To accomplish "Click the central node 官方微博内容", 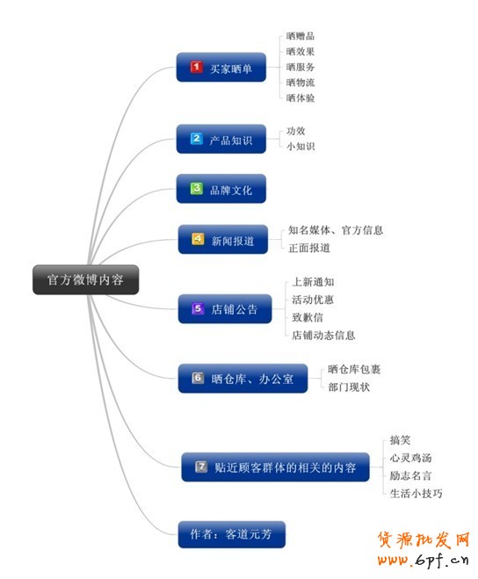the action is [86, 279].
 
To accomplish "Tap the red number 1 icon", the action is [196, 67].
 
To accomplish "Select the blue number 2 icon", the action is [196, 139].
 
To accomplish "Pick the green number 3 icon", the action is [197, 188].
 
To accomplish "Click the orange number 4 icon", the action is [198, 239].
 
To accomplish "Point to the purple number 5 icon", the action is [198, 308].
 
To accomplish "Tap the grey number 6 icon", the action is [198, 378].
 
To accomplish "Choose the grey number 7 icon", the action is [201, 467].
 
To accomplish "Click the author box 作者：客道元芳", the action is [232, 534].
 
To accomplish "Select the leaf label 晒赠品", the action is [301, 36].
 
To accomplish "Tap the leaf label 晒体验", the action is [301, 98].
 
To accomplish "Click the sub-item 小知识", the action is [301, 146].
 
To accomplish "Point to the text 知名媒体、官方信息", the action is [336, 230].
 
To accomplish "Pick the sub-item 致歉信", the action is [308, 317].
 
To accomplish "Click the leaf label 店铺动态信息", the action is [323, 336].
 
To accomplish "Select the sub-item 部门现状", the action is [349, 387].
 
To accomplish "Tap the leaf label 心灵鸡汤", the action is [410, 458].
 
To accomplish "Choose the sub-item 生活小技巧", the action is [416, 493].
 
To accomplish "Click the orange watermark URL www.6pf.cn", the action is [424, 561].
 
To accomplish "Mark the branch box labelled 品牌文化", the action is [221, 189].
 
